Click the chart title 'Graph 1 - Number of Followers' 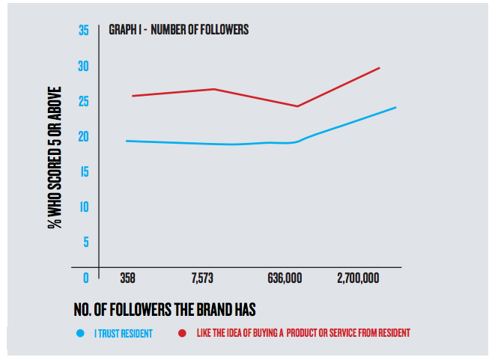point(179,31)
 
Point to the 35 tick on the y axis point(83,31)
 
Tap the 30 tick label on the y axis point(83,66)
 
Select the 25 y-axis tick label point(83,101)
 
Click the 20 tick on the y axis point(83,136)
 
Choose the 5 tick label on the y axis point(85,242)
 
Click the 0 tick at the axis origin point(85,278)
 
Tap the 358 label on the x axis point(127,278)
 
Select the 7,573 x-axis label point(202,278)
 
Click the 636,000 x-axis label point(285,278)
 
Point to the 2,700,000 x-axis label point(358,278)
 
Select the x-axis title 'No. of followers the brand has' point(171,308)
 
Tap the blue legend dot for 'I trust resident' point(80,333)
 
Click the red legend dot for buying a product point(182,333)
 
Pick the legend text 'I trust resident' point(123,333)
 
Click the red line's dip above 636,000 point(297,106)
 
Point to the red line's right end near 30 point(380,67)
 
